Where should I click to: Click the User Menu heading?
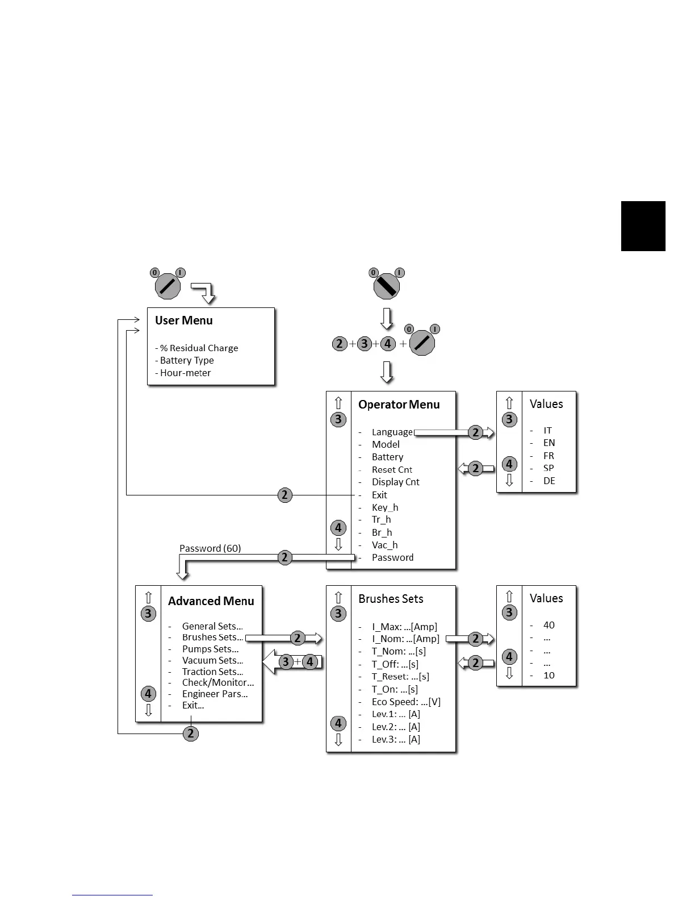(183, 320)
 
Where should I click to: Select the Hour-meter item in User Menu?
(185, 373)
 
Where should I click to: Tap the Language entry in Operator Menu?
(392, 432)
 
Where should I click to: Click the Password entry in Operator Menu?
(392, 557)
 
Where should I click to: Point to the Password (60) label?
(210, 548)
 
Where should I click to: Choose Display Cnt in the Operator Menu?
(395, 482)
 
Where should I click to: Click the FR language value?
(549, 456)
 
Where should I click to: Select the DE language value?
(549, 481)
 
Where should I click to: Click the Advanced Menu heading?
(211, 601)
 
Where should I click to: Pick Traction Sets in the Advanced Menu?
(212, 672)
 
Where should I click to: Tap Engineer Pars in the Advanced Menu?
(215, 694)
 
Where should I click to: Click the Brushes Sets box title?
(391, 599)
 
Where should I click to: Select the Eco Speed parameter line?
(406, 702)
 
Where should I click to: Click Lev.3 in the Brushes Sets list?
(396, 739)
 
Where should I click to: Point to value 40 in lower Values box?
(549, 625)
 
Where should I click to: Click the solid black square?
(643, 226)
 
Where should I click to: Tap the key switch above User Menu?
(168, 286)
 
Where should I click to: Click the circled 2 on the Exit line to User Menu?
(285, 495)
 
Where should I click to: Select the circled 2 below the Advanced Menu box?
(191, 734)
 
